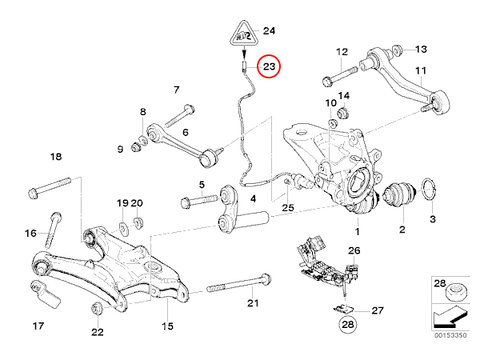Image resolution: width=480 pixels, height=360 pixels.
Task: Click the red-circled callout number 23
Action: tap(269, 66)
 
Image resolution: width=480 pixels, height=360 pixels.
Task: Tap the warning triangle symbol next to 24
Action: tap(244, 34)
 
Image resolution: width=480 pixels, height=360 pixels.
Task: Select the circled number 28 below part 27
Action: tap(348, 324)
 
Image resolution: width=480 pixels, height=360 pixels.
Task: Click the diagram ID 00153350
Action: tap(450, 335)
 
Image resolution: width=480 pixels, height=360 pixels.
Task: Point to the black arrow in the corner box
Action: tap(450, 317)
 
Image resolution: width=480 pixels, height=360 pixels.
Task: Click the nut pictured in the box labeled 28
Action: tap(455, 293)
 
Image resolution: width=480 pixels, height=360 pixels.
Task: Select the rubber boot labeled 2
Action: tap(399, 192)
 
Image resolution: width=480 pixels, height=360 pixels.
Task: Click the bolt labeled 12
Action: tap(340, 76)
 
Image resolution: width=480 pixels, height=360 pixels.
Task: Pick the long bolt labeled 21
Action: tap(239, 283)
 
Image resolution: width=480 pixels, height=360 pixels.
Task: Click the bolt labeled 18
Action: tap(50, 188)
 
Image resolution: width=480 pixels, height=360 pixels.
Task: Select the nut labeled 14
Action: tap(344, 112)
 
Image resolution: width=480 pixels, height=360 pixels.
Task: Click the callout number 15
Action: tap(168, 326)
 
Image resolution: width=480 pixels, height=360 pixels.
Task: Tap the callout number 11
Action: tap(421, 70)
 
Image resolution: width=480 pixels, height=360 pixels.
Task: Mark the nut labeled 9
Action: tap(136, 147)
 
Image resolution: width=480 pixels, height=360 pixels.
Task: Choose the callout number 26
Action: tap(354, 250)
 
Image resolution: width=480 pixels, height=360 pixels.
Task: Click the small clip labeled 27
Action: tap(344, 309)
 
